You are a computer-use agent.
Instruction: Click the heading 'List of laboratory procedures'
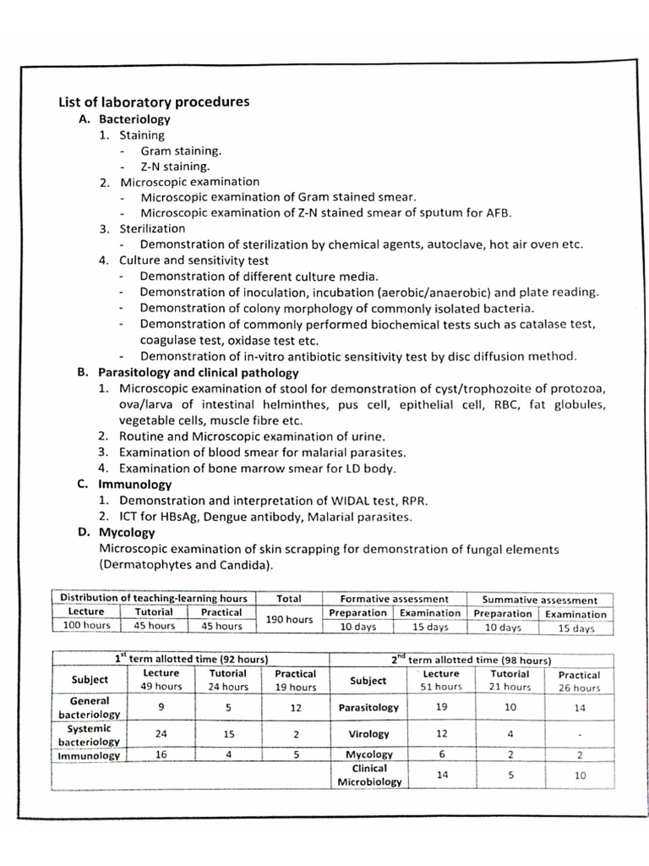153,102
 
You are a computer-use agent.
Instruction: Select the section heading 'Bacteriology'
134,119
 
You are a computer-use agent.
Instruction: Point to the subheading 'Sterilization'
151,228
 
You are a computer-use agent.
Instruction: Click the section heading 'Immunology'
135,485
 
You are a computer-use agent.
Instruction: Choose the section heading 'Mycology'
127,533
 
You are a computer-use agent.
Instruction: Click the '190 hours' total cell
289,619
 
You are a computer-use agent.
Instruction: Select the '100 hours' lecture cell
86,627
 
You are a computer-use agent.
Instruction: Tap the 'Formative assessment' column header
394,599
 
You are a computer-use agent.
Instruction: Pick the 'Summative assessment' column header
539,600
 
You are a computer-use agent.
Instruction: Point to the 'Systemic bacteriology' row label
90,735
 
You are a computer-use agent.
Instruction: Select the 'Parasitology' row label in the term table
368,707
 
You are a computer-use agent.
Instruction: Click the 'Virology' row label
368,734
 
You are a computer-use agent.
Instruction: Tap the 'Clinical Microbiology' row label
368,776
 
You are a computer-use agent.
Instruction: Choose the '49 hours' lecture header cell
161,687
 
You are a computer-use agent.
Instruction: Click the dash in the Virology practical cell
579,735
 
